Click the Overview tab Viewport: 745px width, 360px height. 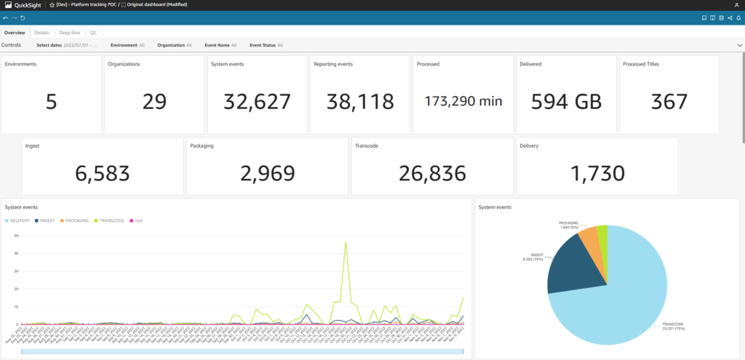[15, 33]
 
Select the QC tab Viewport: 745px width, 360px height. [93, 33]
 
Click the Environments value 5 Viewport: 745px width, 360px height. [51, 101]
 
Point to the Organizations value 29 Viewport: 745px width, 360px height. [154, 101]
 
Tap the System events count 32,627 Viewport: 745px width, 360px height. [258, 101]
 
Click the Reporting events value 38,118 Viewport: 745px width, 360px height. [360, 101]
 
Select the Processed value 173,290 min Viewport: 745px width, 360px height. [463, 101]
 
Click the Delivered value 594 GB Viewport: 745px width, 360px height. [567, 101]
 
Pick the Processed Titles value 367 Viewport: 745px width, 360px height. [670, 101]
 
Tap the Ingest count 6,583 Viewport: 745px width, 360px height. [103, 173]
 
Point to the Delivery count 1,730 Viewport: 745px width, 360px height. [597, 173]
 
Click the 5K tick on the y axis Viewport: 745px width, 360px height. [16, 236]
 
